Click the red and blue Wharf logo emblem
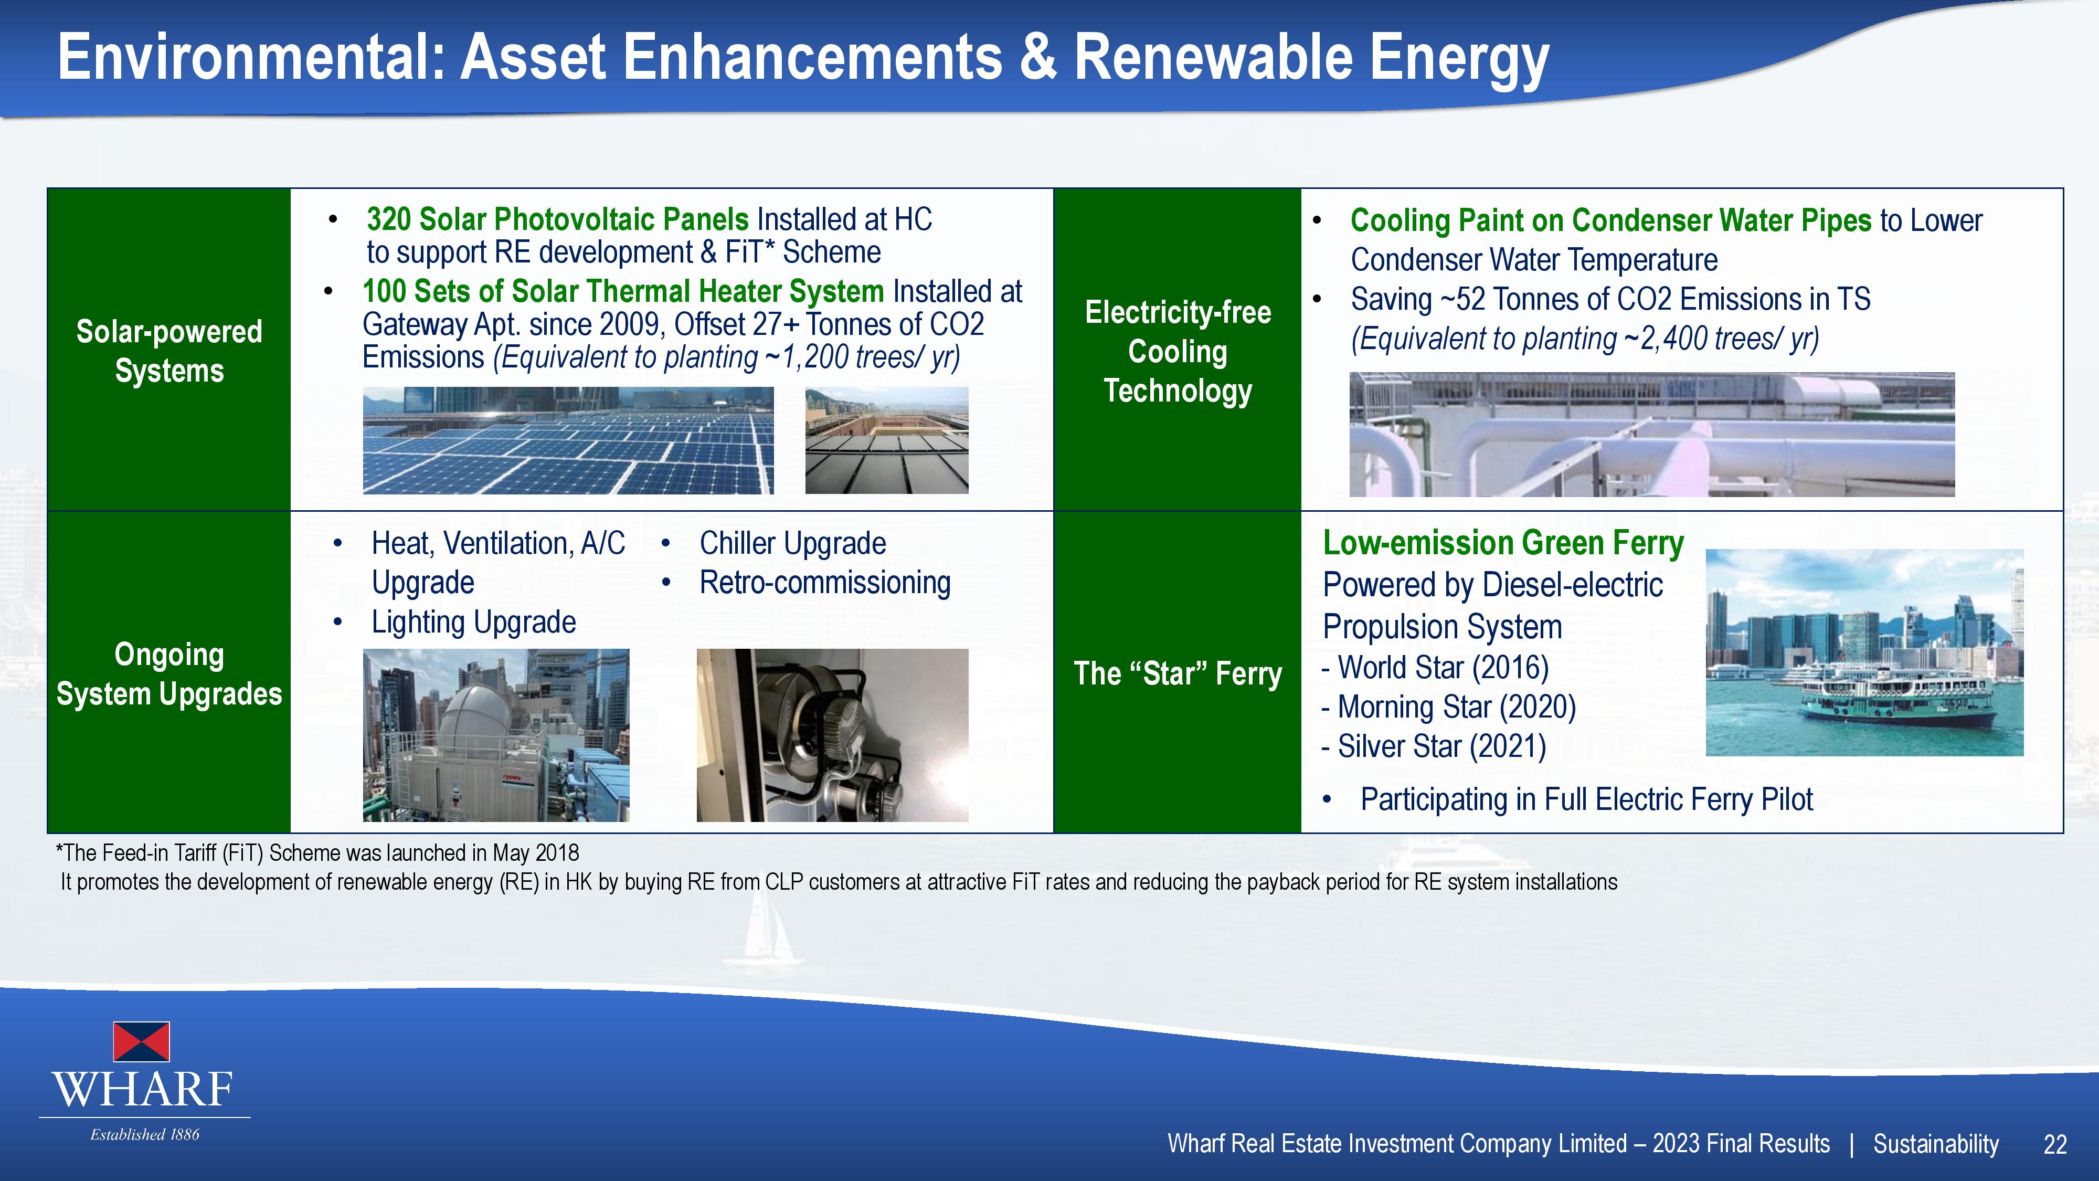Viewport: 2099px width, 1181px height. click(x=141, y=1041)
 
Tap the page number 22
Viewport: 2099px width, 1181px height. click(x=2055, y=1144)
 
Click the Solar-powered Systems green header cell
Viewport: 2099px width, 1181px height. click(x=169, y=350)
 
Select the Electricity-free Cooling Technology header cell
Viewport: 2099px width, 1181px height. click(x=1178, y=350)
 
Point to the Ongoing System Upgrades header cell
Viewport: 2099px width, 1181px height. click(x=169, y=672)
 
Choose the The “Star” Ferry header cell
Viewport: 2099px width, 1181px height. click(x=1178, y=672)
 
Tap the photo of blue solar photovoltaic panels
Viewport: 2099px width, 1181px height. click(x=568, y=440)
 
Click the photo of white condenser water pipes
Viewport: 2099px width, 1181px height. click(x=1652, y=435)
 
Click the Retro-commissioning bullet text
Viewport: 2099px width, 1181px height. click(x=824, y=583)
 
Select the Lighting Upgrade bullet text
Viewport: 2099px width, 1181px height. click(x=473, y=623)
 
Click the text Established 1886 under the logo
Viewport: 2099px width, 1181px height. click(x=145, y=1134)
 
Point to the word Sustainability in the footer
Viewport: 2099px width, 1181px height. click(x=1936, y=1144)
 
